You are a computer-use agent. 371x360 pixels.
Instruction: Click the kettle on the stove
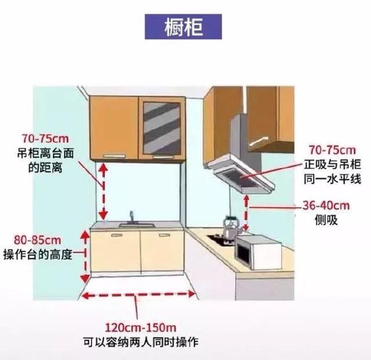(230, 227)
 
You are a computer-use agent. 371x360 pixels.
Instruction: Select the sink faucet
(132, 218)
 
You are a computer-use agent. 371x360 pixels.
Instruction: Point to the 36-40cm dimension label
(326, 206)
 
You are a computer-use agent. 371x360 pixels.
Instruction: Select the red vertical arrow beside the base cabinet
(85, 255)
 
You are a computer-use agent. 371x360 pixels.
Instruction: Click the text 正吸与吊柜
(332, 165)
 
